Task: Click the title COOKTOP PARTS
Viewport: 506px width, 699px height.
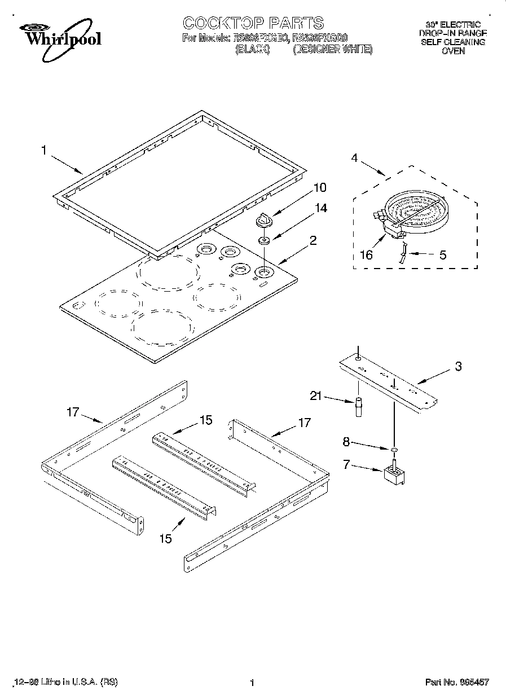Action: (253, 23)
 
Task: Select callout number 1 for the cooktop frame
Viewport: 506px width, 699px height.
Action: (44, 151)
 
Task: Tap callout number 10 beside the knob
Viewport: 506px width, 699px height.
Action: (320, 187)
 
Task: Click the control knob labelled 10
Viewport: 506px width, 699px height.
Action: (264, 220)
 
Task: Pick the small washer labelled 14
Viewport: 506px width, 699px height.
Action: (263, 241)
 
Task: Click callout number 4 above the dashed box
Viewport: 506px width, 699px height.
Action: (354, 159)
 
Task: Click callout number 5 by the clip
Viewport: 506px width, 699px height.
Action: (443, 255)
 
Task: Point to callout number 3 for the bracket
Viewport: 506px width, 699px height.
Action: (458, 367)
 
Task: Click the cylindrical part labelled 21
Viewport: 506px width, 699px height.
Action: (358, 408)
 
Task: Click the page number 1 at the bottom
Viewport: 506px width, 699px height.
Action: (253, 683)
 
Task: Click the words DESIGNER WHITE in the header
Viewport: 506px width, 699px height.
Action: (333, 50)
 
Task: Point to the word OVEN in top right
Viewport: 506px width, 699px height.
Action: (453, 51)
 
